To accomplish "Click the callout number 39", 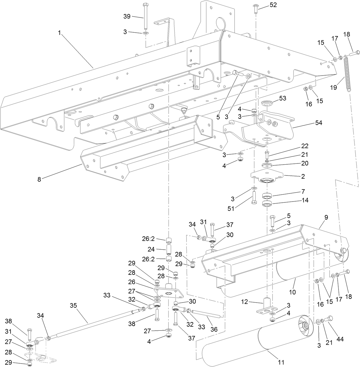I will click(127, 16).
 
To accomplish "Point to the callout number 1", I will click(60, 33).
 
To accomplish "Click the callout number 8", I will click(39, 180).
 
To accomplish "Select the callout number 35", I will click(74, 305).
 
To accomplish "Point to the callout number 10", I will click(292, 292).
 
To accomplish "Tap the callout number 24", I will click(151, 249).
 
